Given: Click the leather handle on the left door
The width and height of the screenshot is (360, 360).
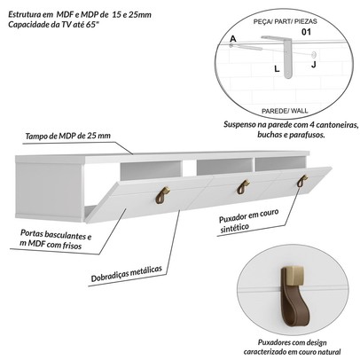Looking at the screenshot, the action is click(x=162, y=195).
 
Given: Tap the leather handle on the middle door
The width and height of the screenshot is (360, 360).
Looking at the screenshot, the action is click(x=242, y=187).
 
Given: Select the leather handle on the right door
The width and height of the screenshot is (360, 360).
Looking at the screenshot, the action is click(x=302, y=181).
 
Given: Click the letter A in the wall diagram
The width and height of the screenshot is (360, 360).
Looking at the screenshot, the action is click(x=233, y=39).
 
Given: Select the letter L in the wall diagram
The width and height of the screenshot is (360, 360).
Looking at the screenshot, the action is click(x=277, y=69).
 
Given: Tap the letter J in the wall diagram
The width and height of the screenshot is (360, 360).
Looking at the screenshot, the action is click(x=313, y=65).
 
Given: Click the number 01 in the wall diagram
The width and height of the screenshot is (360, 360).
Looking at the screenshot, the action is click(x=306, y=32).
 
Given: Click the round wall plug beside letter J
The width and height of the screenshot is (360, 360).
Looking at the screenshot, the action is click(x=314, y=54).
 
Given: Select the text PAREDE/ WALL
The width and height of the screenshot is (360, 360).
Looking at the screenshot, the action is click(x=285, y=111).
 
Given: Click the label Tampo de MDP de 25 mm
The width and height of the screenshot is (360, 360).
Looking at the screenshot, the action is click(x=68, y=136).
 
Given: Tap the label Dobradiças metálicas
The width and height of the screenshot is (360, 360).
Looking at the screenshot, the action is click(x=127, y=274).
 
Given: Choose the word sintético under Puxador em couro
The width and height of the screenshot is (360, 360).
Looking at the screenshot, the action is click(x=234, y=228).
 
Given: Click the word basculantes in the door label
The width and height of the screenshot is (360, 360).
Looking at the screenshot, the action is click(x=64, y=235).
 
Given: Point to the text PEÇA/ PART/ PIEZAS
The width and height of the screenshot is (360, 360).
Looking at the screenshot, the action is click(x=285, y=21).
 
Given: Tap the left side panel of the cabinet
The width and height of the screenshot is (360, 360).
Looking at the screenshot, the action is click(x=50, y=191).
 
